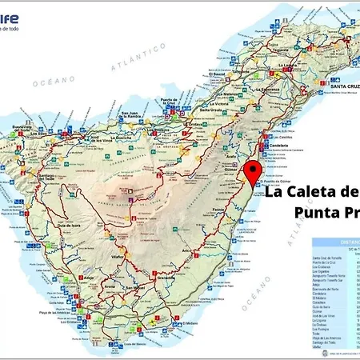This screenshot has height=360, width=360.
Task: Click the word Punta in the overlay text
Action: click(318, 214)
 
